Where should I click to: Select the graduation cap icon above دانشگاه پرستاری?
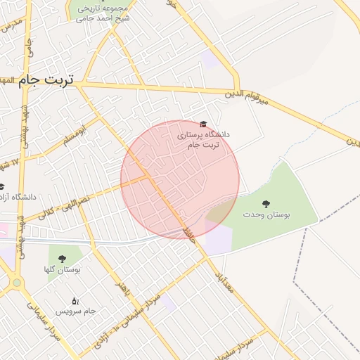coord(204,123)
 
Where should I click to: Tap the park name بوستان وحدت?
coord(267,214)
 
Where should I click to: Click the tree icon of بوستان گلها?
coord(63,258)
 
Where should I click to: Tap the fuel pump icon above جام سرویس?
coord(75,300)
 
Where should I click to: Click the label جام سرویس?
coord(75,311)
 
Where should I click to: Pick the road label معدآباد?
coord(219,273)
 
